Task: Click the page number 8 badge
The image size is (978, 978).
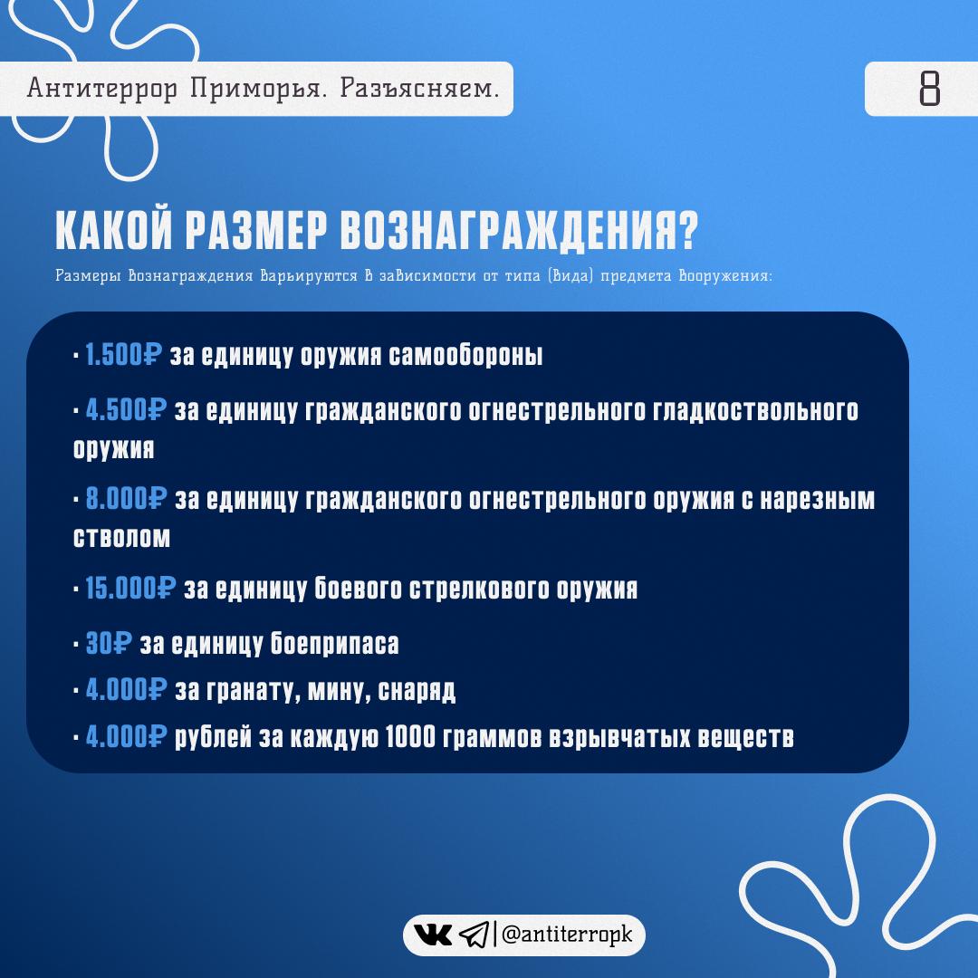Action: (x=921, y=89)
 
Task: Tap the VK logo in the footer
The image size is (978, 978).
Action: (x=433, y=935)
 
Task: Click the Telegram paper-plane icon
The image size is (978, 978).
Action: (x=474, y=935)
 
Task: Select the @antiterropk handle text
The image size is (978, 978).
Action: (x=566, y=935)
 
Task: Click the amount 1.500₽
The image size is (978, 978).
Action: (x=123, y=355)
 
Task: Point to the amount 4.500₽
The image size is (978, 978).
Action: (x=126, y=410)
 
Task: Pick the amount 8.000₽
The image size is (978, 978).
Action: (x=126, y=499)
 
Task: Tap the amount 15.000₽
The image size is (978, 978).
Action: (x=130, y=588)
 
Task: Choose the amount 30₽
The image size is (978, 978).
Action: (x=109, y=644)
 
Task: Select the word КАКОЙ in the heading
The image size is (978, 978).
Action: (x=113, y=229)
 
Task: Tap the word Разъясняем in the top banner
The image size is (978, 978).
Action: (x=419, y=89)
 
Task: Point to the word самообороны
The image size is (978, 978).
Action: (x=465, y=355)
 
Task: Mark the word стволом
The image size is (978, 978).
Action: (x=121, y=538)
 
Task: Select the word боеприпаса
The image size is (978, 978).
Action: (x=334, y=644)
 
